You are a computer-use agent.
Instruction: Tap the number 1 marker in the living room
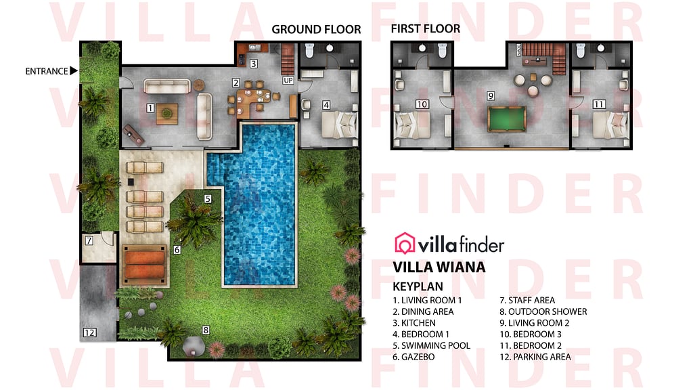[x=150, y=108]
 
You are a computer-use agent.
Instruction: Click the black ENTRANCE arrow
[x=74, y=70]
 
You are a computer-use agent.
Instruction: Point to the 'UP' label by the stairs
[x=288, y=81]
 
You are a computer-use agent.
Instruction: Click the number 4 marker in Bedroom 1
[x=326, y=105]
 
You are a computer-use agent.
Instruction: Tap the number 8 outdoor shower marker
[x=206, y=330]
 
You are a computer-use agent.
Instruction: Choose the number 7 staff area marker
[x=89, y=240]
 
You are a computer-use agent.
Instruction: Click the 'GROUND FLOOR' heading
[x=316, y=29]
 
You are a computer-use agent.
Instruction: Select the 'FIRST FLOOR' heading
[x=425, y=28]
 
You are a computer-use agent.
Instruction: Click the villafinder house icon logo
[x=405, y=243]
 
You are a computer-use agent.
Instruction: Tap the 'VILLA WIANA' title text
[x=439, y=267]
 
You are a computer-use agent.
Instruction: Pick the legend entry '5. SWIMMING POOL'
[x=431, y=345]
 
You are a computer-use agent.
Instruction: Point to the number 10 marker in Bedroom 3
[x=422, y=104]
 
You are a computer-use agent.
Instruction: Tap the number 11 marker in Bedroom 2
[x=598, y=104]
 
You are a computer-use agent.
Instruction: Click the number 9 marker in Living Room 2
[x=491, y=96]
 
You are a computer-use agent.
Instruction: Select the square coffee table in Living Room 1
[x=167, y=115]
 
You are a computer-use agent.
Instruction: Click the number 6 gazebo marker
[x=177, y=249]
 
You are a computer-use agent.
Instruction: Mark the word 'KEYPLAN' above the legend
[x=418, y=286]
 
